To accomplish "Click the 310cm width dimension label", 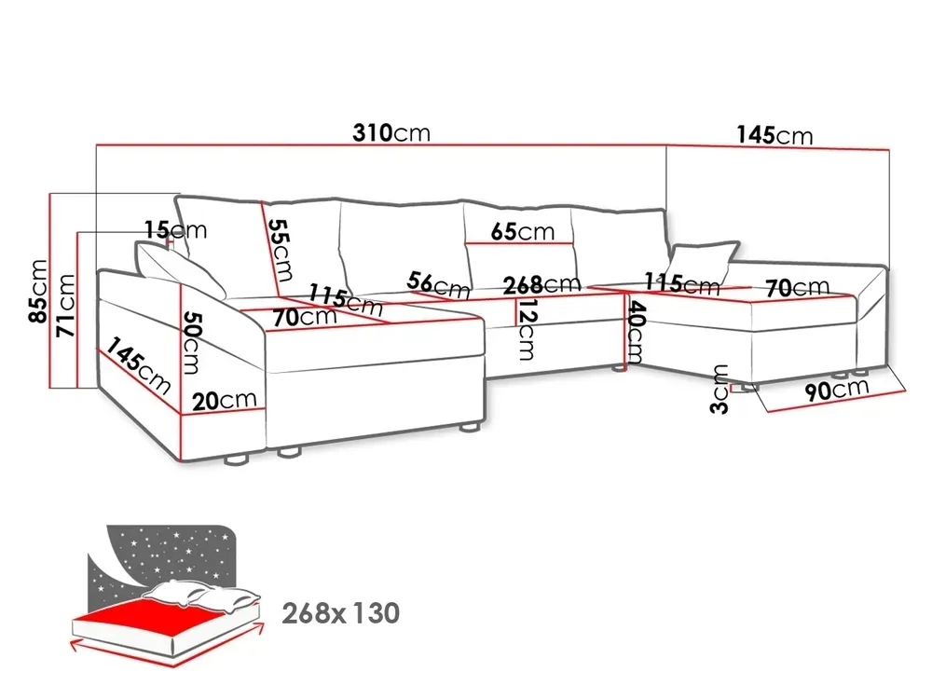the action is [391, 132].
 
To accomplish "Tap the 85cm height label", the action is [38, 291].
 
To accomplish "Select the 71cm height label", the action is [65, 306].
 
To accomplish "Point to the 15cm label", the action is [176, 229].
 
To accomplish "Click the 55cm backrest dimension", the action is [280, 250].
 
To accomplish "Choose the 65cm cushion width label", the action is [523, 231].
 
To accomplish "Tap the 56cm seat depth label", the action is [439, 284].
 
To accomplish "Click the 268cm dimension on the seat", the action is [541, 284].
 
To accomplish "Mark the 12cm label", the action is [526, 329].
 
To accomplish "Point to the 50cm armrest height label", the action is [192, 343].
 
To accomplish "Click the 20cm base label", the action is [224, 400].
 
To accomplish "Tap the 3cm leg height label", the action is [720, 390].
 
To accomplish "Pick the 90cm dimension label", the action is [837, 390].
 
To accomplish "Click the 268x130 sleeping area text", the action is [340, 613].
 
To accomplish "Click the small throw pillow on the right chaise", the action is [703, 259].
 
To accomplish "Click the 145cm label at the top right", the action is [774, 135].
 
